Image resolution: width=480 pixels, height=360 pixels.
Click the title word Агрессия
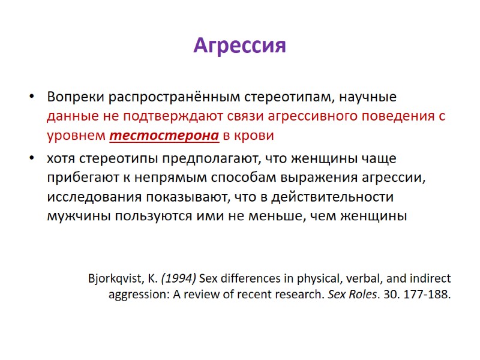pyautogui.click(x=239, y=46)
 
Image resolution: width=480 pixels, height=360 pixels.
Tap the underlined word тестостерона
pyautogui.click(x=164, y=136)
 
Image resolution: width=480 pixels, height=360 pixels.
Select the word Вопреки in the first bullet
pyautogui.click(x=70, y=97)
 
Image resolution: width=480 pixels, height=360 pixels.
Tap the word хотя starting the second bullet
pyautogui.click(x=61, y=159)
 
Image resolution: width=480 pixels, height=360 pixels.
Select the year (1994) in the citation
pyautogui.click(x=178, y=278)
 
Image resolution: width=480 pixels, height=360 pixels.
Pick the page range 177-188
pyautogui.click(x=427, y=295)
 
